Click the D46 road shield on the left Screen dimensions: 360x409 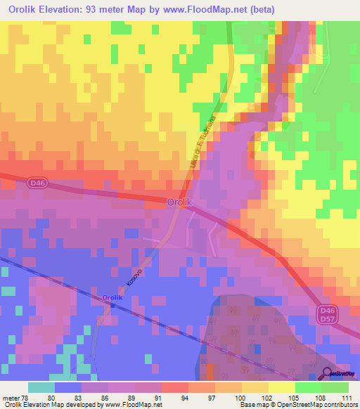(x=38, y=183)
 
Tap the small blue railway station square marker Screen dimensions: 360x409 (x=112, y=306)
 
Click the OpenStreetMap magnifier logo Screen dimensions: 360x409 (x=328, y=374)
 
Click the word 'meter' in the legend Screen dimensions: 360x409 (x=11, y=397)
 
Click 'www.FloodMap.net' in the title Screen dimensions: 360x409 (x=212, y=10)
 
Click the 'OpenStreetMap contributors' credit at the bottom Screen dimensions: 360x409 (x=319, y=405)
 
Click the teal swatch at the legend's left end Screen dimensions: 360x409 (x=41, y=387)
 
